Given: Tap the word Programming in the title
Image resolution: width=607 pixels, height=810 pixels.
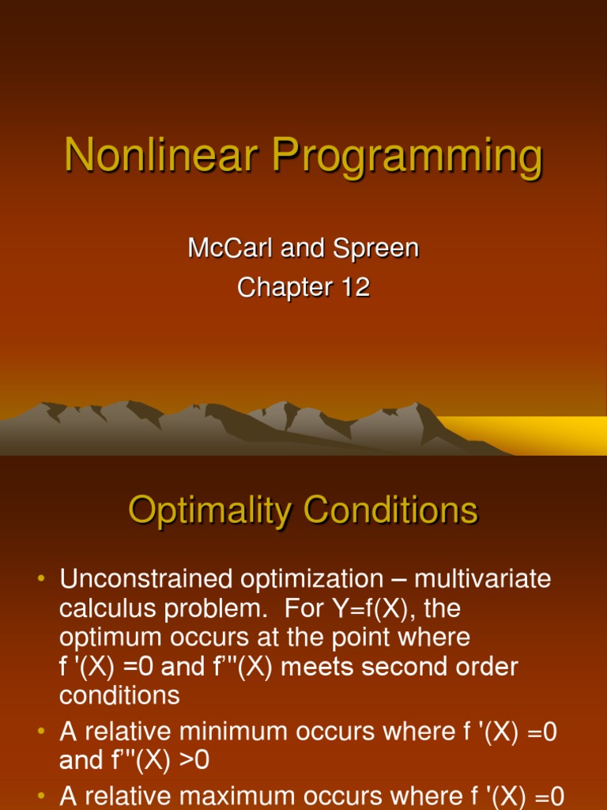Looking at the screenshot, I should point(408,157).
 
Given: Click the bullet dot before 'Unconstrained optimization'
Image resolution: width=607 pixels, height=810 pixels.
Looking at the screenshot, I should point(42,580).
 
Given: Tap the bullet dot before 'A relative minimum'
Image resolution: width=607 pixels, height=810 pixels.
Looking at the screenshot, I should point(42,732).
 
